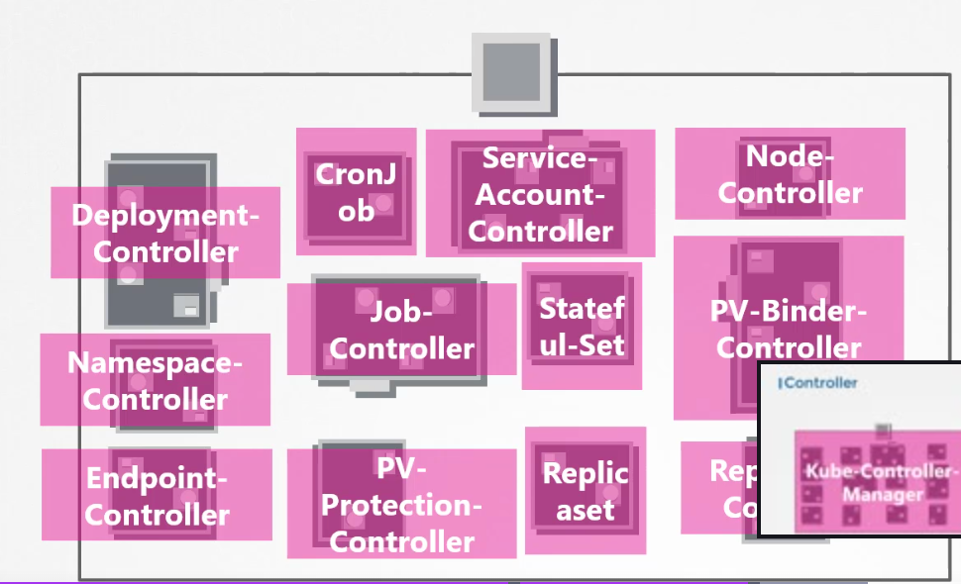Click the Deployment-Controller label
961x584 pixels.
tap(165, 234)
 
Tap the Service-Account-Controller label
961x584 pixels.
tap(541, 194)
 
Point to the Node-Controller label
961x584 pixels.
tap(790, 174)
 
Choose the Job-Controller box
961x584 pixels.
tap(401, 330)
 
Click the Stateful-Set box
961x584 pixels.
tap(582, 326)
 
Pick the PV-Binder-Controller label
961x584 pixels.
tap(789, 330)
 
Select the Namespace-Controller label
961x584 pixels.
tap(155, 381)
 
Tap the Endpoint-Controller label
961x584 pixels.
tap(157, 496)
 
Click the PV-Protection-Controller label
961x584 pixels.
tap(401, 505)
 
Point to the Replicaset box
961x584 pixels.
tap(585, 491)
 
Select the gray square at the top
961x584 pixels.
tap(511, 71)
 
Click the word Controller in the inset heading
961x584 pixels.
tap(821, 382)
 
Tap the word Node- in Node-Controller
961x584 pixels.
tap(790, 156)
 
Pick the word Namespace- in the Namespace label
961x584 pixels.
tap(155, 363)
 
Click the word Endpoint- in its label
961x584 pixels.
tap(157, 479)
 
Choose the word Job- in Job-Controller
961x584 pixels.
tap(401, 312)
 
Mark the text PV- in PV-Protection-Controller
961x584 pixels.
tap(401, 468)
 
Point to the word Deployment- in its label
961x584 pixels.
tap(165, 216)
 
